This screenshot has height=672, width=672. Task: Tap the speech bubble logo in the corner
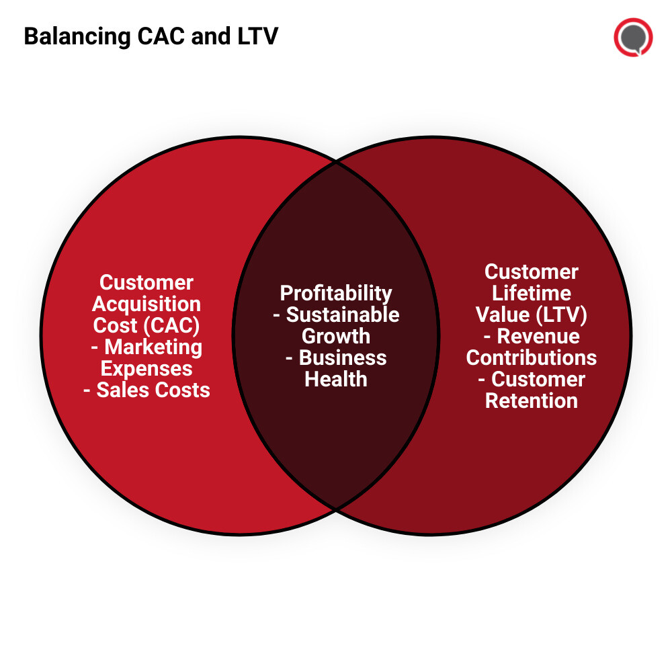(x=633, y=37)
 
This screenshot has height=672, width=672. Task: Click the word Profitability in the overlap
(x=336, y=293)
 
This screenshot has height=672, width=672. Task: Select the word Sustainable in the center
(x=343, y=314)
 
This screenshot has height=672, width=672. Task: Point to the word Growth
(x=336, y=336)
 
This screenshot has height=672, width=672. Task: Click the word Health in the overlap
(x=336, y=379)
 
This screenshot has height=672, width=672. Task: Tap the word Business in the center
(x=343, y=358)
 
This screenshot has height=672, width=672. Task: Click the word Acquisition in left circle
(x=146, y=304)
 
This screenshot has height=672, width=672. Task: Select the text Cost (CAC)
(x=146, y=325)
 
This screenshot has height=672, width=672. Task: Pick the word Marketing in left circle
(x=153, y=347)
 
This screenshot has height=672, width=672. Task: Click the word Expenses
(x=146, y=368)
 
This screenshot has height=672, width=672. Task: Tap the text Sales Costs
(x=153, y=390)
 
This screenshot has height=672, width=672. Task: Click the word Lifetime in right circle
(x=532, y=293)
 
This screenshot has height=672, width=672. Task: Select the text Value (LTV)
(x=532, y=314)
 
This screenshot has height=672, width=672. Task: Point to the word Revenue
(x=538, y=336)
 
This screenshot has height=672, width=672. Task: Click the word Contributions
(x=532, y=358)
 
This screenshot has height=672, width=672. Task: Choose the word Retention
(x=532, y=401)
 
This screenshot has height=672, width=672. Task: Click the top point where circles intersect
(x=336, y=161)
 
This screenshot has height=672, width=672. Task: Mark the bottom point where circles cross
(x=336, y=509)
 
